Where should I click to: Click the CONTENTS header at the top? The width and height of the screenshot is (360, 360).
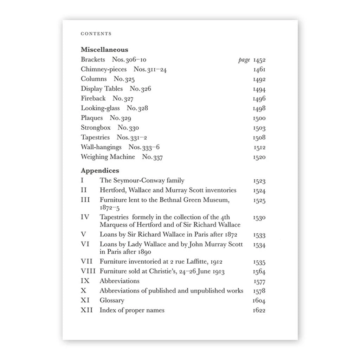(96, 34)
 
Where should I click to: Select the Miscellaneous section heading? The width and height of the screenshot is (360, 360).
(104, 50)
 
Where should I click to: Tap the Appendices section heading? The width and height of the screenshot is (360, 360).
(100, 171)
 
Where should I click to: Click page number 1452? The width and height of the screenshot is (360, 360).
(259, 60)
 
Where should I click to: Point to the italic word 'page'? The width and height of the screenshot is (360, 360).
(244, 60)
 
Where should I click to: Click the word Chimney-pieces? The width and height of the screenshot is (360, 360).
(103, 69)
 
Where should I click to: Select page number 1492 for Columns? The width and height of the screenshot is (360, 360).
(259, 79)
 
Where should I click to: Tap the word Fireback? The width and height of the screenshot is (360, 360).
(93, 98)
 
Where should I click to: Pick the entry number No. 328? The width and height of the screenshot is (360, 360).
(137, 108)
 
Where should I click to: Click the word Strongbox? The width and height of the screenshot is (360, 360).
(96, 128)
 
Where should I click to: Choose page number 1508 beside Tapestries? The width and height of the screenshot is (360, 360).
(259, 138)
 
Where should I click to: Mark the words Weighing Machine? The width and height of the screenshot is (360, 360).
(108, 157)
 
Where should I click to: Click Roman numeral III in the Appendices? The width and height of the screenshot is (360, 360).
(85, 200)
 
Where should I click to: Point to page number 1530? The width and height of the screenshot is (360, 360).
(259, 218)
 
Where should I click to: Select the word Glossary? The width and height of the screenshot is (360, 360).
(112, 301)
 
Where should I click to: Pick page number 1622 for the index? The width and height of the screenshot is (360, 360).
(259, 310)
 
